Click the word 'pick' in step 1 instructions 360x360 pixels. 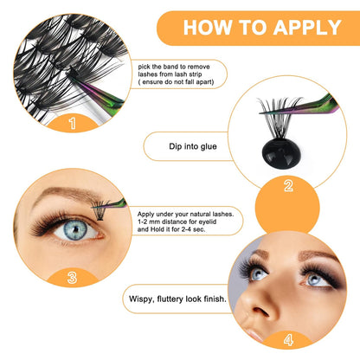tap(144, 65)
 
